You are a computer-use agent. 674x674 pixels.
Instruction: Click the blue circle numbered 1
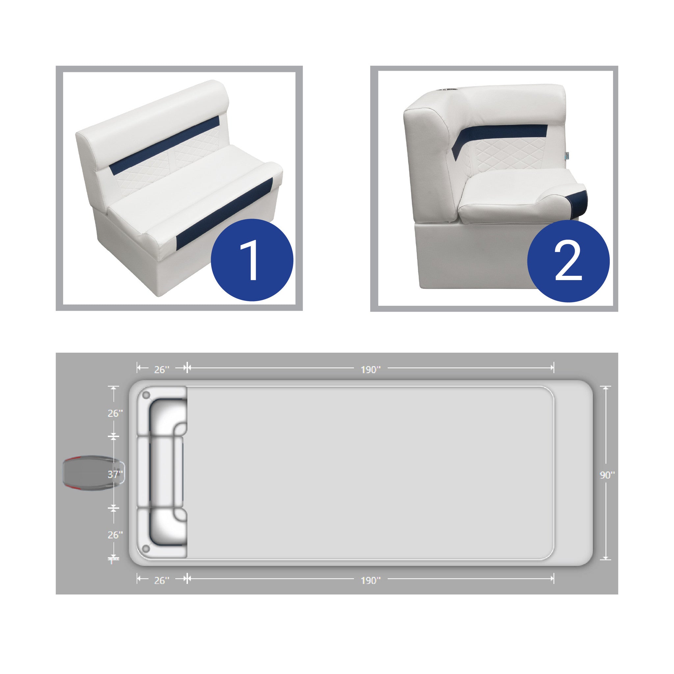[x=252, y=260]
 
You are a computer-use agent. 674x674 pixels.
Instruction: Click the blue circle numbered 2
[x=568, y=261]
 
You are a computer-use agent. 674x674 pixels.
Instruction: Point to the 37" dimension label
[x=115, y=474]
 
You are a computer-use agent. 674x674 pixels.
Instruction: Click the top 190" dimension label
[x=371, y=370]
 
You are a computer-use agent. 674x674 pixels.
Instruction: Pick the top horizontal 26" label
[x=162, y=370]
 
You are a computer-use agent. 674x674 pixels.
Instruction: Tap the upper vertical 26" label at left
[x=115, y=413]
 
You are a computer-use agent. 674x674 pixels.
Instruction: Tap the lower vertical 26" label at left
[x=115, y=535]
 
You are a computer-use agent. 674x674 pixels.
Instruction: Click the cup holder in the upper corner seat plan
[x=146, y=395]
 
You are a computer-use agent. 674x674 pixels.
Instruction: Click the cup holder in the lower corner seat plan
[x=146, y=549]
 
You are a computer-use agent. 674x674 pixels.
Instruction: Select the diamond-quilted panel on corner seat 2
[x=507, y=154]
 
